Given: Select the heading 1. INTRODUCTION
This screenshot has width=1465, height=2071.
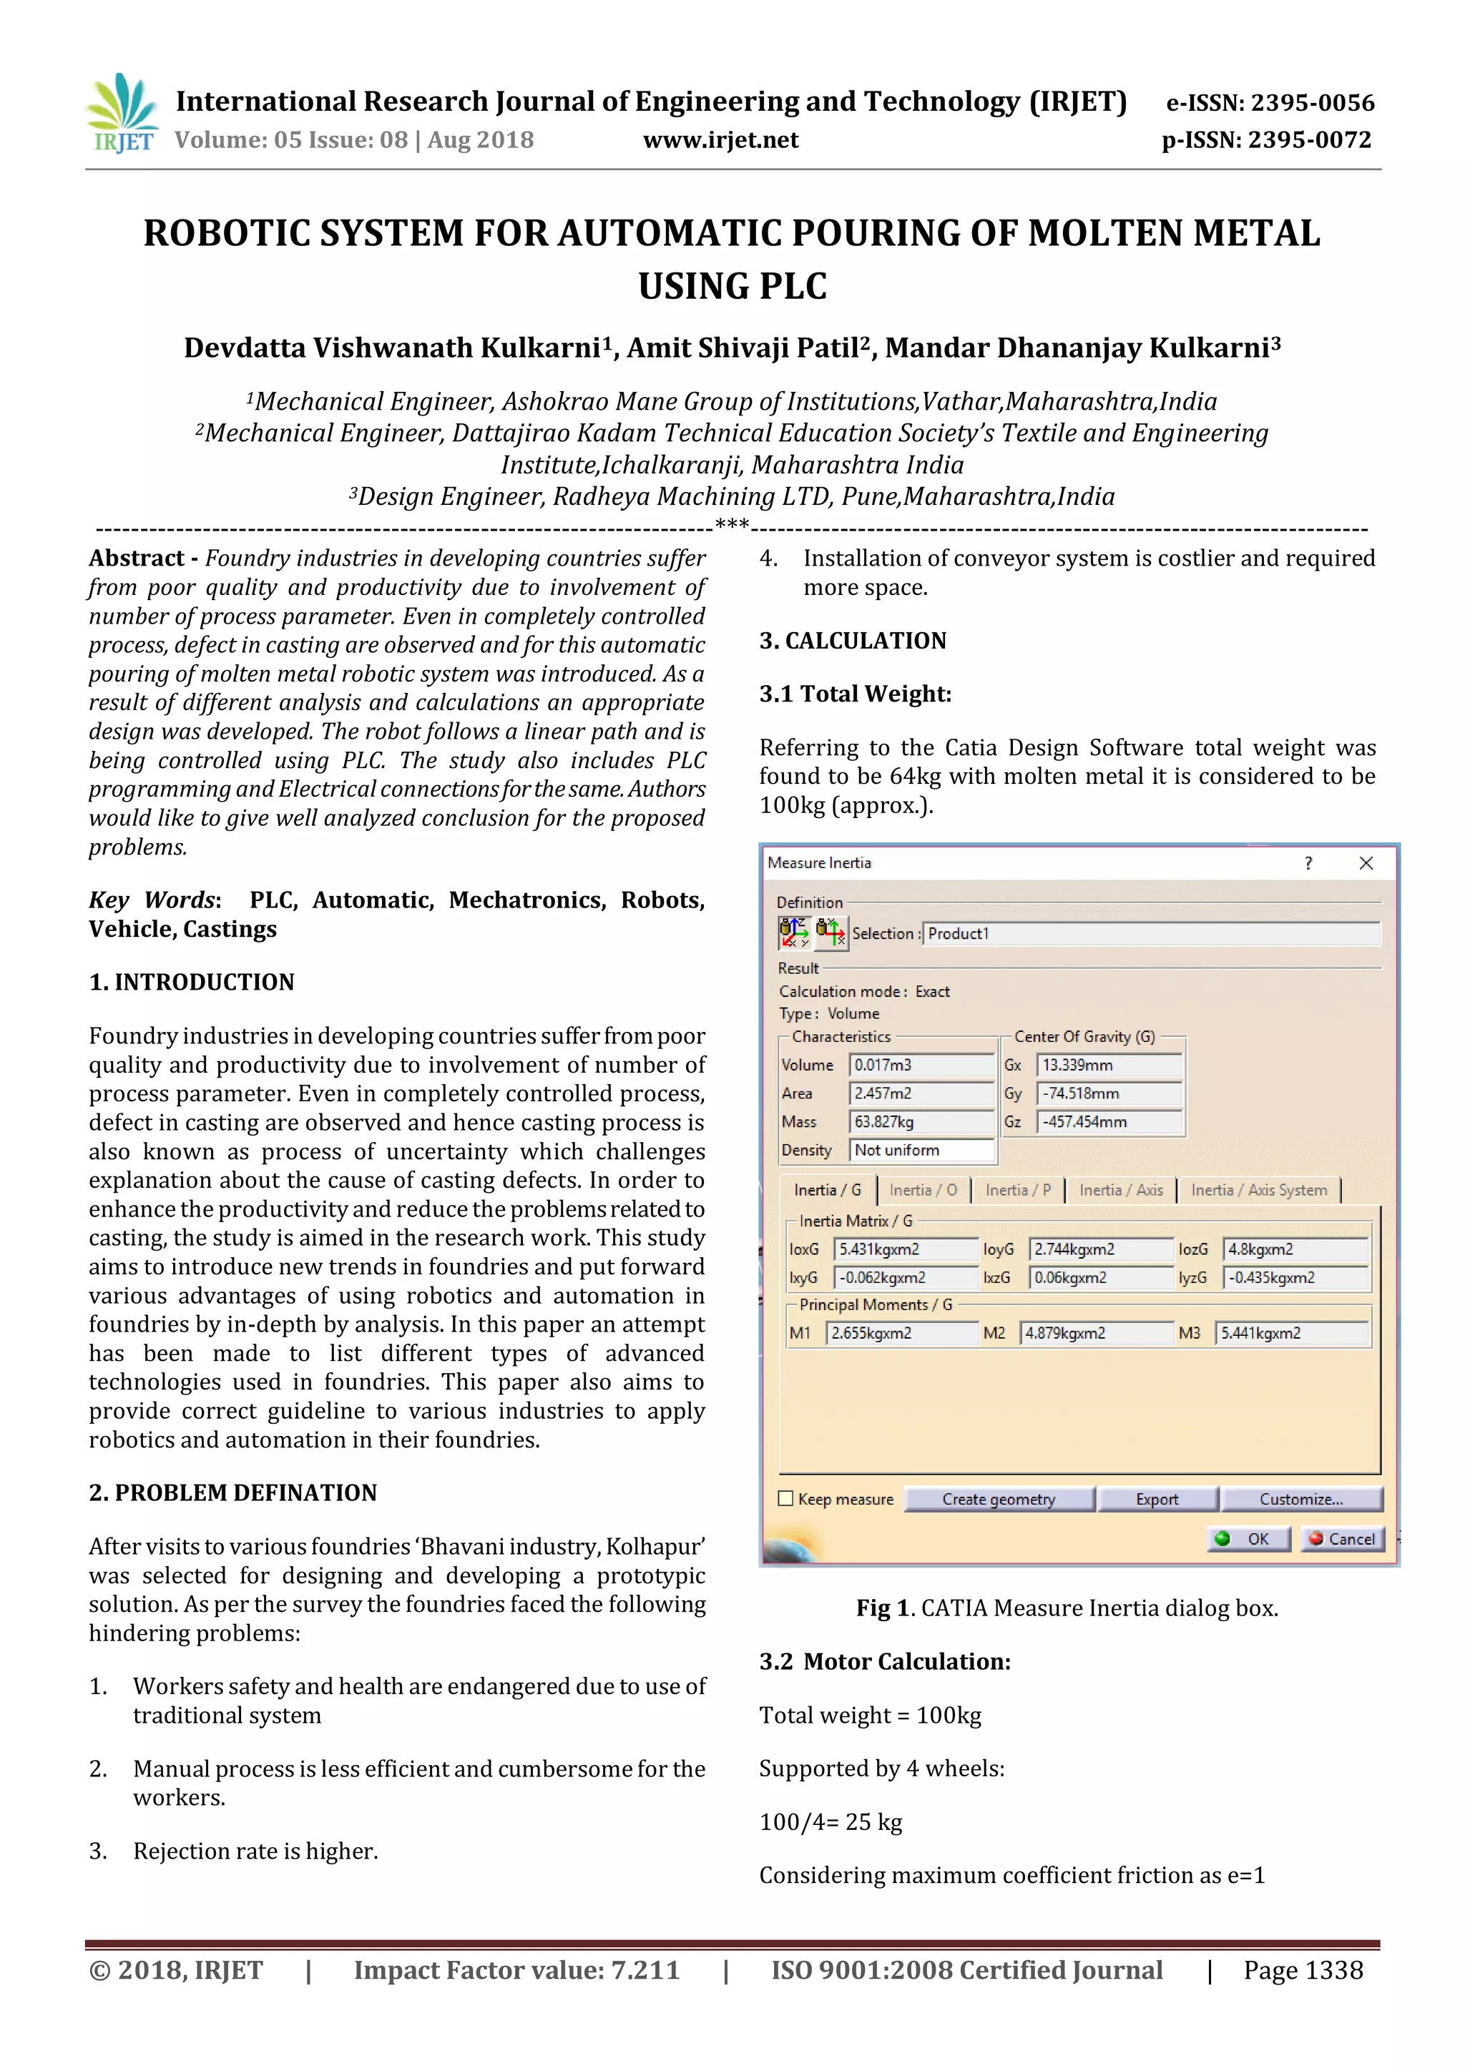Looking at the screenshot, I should [191, 983].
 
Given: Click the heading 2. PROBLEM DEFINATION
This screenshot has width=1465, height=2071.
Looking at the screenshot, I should [232, 1492].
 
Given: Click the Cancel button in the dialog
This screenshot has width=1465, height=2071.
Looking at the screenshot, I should [1342, 1539].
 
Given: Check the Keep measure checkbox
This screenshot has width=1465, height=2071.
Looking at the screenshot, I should [785, 1498].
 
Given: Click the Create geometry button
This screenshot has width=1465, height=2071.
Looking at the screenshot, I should [999, 1499].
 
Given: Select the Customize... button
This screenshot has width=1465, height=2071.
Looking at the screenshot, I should [1300, 1499].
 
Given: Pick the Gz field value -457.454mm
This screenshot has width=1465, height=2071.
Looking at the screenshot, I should [1109, 1122].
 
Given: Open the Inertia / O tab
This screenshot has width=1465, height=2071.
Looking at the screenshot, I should [923, 1191].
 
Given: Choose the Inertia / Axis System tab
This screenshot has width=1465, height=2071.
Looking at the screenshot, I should [1258, 1191].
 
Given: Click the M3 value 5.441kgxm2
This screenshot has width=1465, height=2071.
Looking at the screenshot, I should [1291, 1333].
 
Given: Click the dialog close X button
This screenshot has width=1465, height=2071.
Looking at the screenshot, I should [1366, 863].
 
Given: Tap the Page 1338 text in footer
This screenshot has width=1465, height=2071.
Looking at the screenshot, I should [1303, 1970].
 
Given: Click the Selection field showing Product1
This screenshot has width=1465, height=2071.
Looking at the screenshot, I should [1150, 933].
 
